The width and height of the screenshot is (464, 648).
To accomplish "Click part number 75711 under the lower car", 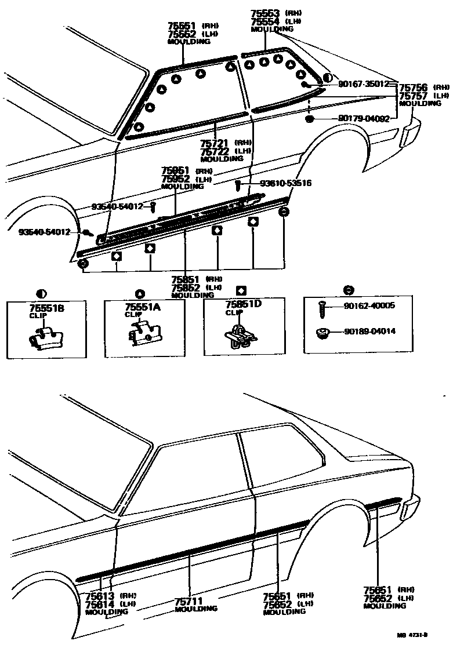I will tap(188, 602).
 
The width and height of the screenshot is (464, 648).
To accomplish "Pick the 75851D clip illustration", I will tap(238, 336).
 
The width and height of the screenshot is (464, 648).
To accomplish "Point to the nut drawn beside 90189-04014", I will tap(323, 332).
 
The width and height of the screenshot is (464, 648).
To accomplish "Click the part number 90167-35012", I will tap(364, 84).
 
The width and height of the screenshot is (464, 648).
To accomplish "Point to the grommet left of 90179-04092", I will tap(309, 119).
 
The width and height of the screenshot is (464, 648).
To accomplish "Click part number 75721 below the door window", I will tap(213, 143).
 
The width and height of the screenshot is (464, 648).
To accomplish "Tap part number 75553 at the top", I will tap(265, 13).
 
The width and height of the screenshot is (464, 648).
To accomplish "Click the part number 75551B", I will tap(46, 309).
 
